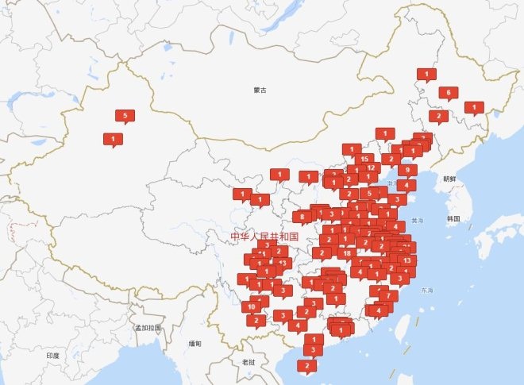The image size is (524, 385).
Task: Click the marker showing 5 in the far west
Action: (125, 116)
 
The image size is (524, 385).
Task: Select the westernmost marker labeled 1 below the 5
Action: (113, 139)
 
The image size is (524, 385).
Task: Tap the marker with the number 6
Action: (449, 93)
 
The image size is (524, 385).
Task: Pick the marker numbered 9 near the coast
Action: (407, 170)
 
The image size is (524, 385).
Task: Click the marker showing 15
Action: (364, 159)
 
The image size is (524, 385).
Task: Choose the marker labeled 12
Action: (371, 168)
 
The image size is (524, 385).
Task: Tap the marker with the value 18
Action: (347, 253)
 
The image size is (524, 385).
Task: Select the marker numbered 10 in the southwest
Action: (251, 306)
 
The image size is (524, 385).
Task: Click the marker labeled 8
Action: (302, 216)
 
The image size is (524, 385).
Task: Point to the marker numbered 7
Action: (387, 296)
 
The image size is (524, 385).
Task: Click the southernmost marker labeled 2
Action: (306, 366)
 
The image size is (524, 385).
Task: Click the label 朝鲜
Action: (450, 179)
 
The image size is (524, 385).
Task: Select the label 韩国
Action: (453, 218)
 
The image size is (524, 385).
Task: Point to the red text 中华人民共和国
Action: (264, 237)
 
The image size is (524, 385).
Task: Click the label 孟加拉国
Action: (147, 328)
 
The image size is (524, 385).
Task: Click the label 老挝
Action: (249, 362)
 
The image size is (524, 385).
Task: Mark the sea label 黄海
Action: (418, 219)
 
